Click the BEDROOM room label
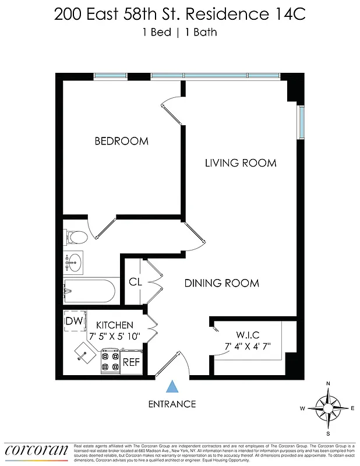click(x=121, y=141)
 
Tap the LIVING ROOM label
click(x=240, y=163)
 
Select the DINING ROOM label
click(x=221, y=283)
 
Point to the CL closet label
click(x=135, y=282)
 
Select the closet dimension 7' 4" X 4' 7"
click(x=248, y=346)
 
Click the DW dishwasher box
click(x=73, y=321)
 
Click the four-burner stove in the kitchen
click(x=110, y=361)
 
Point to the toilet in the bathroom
click(x=76, y=236)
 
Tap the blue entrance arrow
click(x=172, y=386)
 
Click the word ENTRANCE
click(x=172, y=404)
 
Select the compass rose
click(x=328, y=408)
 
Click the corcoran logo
click(x=37, y=450)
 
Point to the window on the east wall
click(x=301, y=122)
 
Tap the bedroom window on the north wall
click(x=111, y=76)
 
